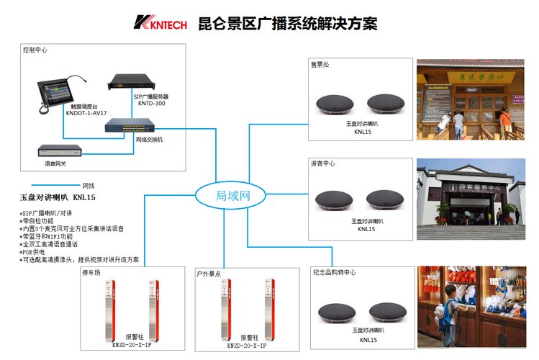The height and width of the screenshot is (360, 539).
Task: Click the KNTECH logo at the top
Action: click(160, 24)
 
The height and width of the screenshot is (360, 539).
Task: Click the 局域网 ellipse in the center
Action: click(232, 195)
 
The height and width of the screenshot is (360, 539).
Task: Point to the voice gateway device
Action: click(60, 152)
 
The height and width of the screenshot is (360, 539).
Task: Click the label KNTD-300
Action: click(152, 103)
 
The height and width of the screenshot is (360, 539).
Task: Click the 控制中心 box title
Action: click(36, 51)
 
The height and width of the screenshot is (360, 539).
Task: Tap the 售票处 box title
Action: click(320, 65)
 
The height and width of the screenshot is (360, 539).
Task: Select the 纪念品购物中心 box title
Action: click(333, 272)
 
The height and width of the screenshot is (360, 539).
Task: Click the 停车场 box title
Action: click(94, 274)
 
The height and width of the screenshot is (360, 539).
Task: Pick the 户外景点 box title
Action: click(209, 274)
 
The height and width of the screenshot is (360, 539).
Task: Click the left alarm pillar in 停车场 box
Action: click(109, 310)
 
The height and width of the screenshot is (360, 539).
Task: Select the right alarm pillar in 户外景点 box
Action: click(270, 310)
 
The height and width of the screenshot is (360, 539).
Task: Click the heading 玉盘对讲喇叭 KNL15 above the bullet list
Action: click(58, 197)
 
